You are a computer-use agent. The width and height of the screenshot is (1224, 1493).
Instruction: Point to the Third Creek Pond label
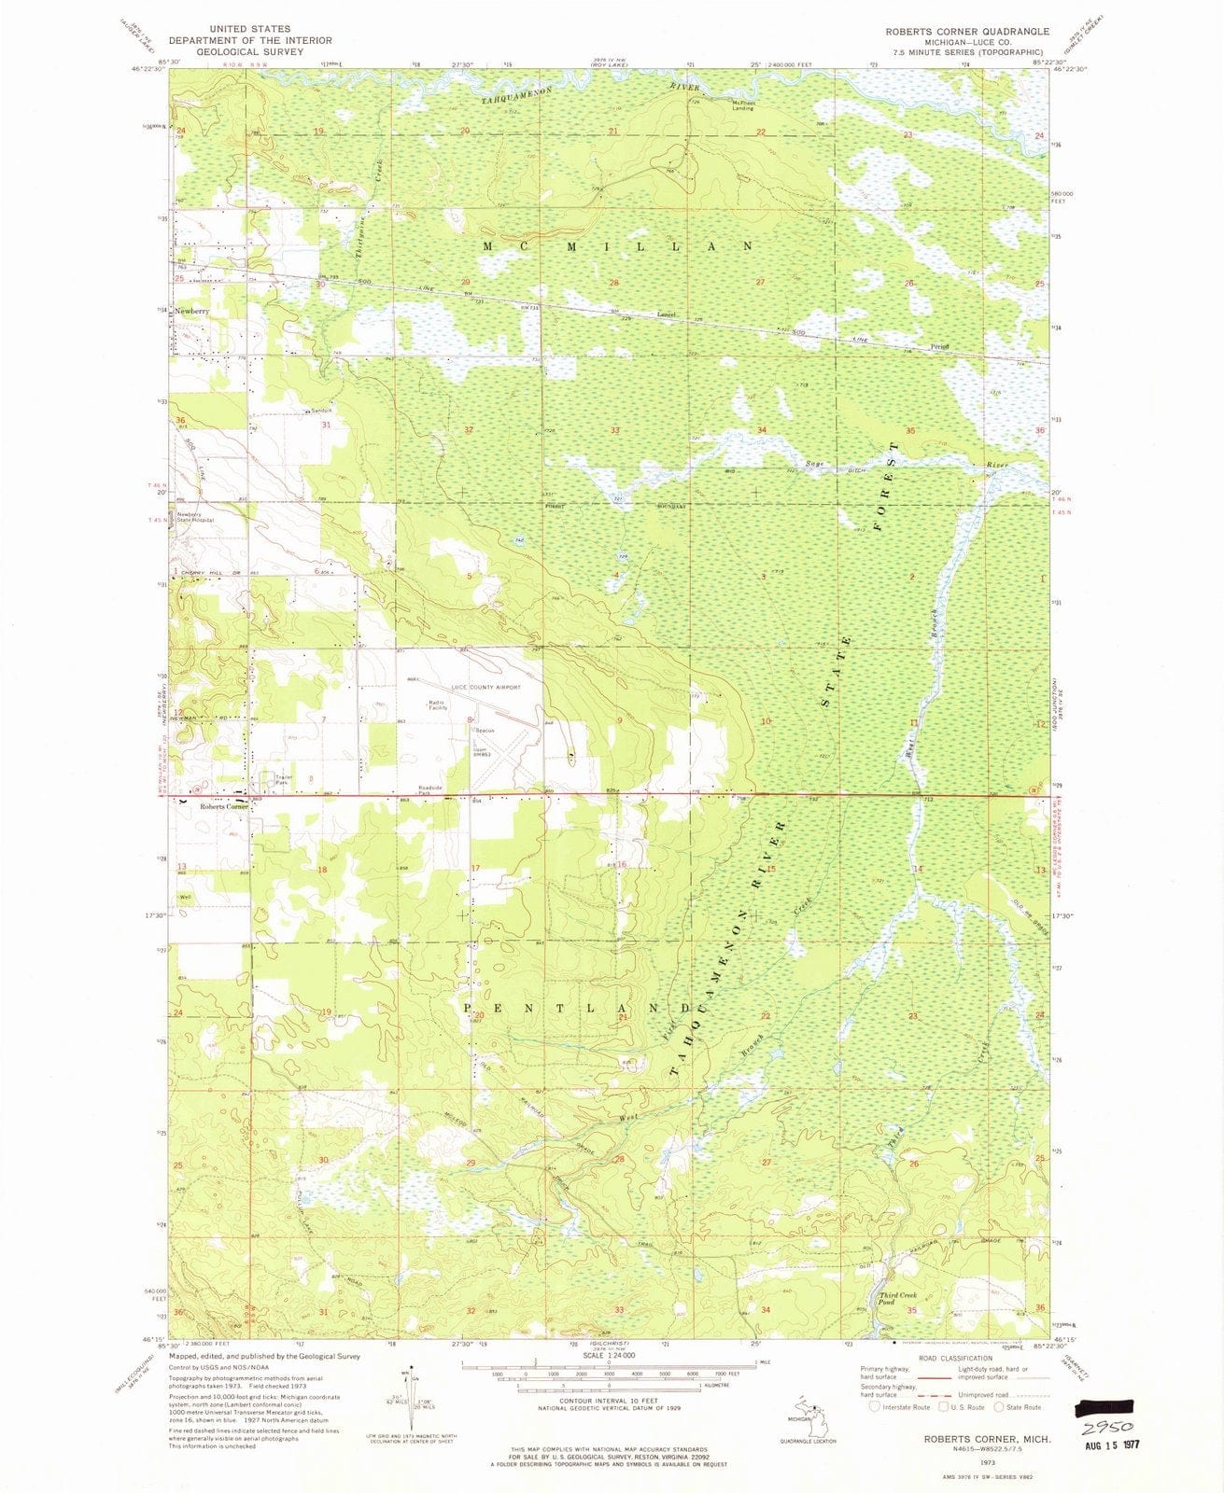899,1298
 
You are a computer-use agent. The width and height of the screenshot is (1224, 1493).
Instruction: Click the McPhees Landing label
743,105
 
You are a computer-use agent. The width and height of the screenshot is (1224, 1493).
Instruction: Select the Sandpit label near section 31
322,412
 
